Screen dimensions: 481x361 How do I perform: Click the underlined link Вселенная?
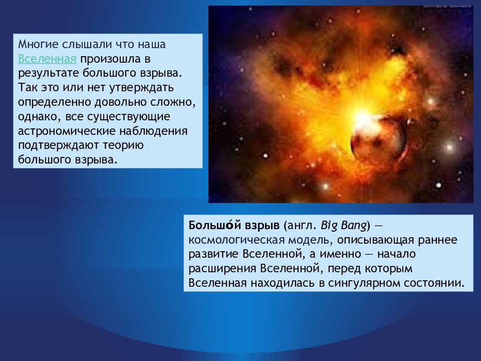pyautogui.click(x=47, y=59)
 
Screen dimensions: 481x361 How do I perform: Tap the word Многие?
pyautogui.click(x=38, y=45)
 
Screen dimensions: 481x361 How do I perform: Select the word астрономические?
pyautogui.click(x=66, y=131)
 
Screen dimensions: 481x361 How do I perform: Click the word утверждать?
pyautogui.click(x=140, y=88)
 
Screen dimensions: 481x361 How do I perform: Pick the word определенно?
pyautogui.click(x=55, y=102)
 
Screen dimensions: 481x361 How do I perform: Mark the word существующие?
pyautogui.click(x=129, y=117)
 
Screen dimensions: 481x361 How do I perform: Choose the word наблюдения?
pyautogui.click(x=153, y=131)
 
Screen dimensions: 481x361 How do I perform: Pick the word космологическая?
pyautogui.click(x=236, y=240)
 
